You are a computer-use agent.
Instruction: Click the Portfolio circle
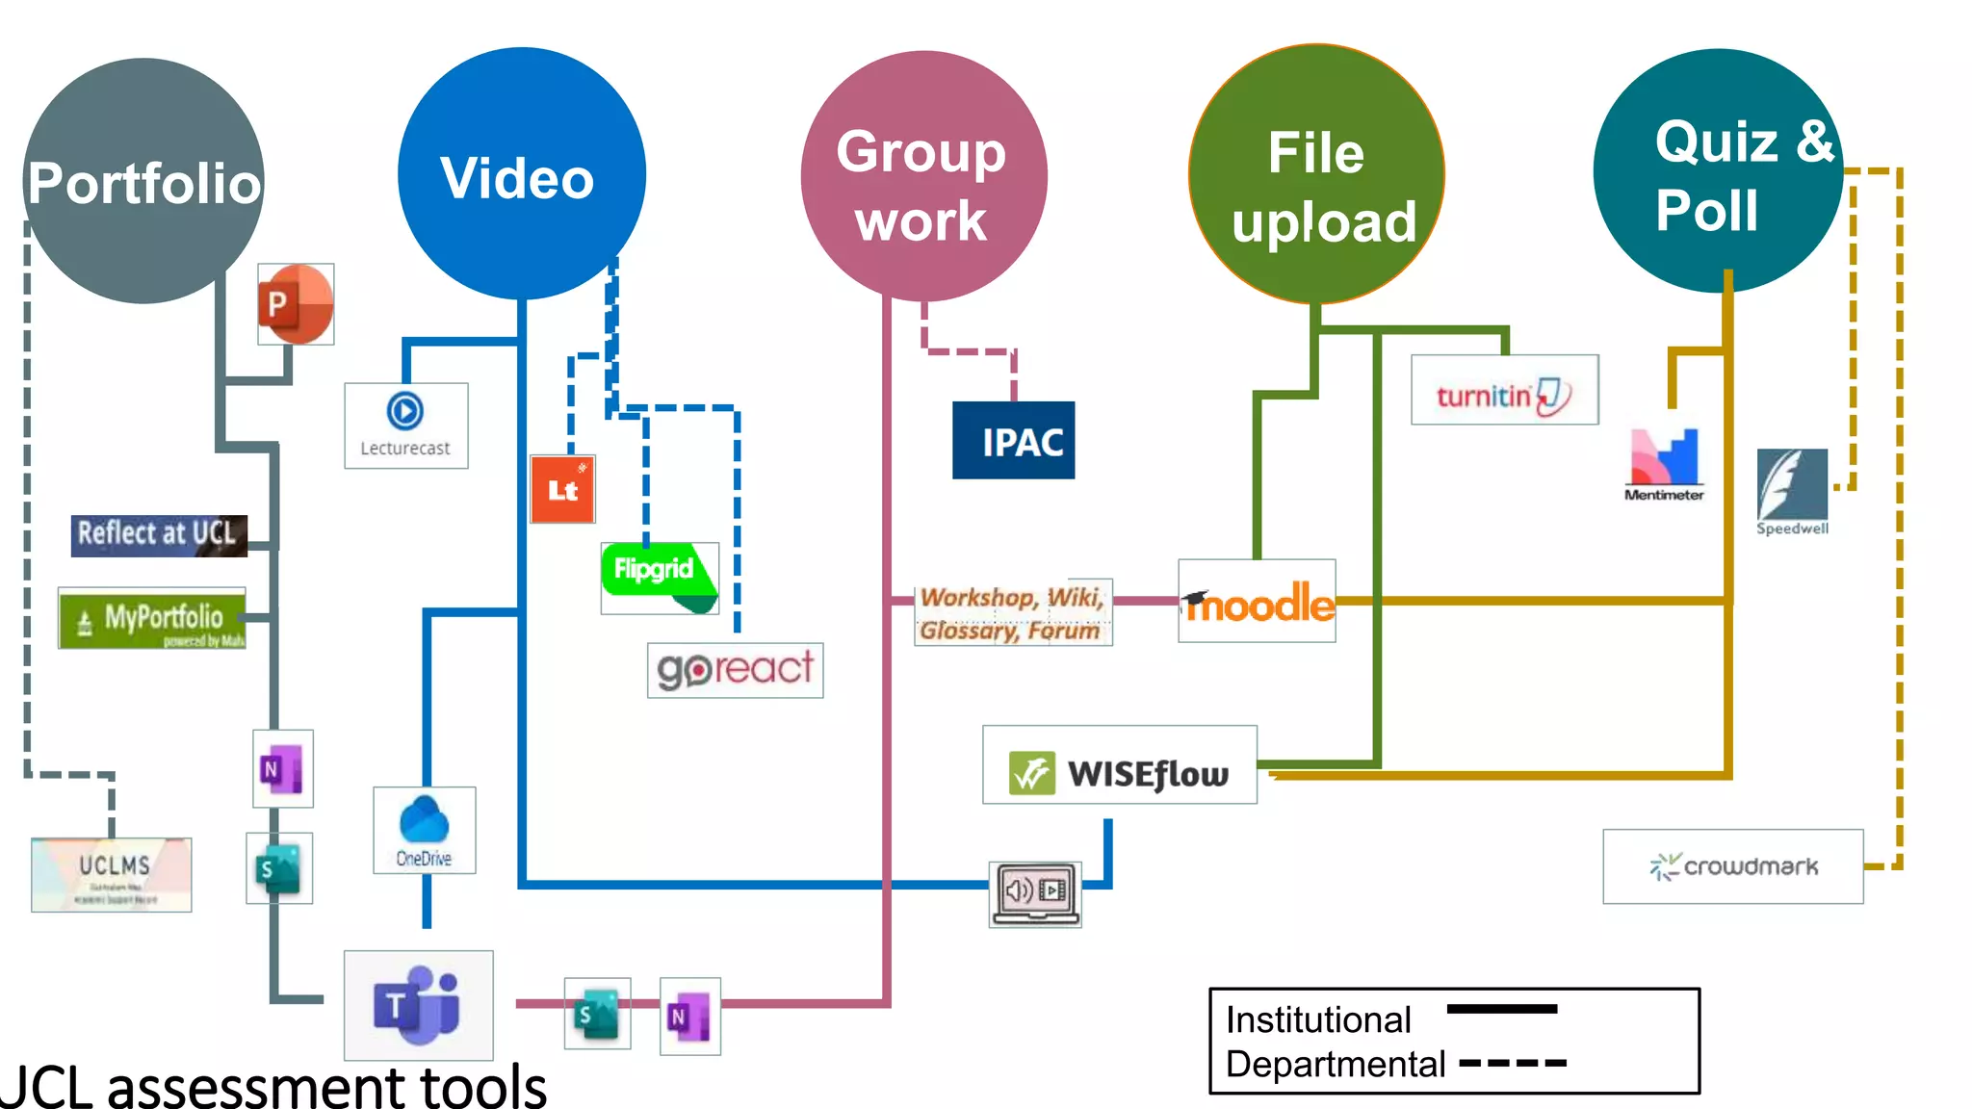143,181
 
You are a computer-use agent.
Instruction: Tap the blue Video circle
521,174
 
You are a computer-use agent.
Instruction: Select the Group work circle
922,176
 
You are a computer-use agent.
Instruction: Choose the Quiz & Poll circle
1717,171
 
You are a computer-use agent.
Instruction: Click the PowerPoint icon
296,304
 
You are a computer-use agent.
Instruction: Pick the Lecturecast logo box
405,426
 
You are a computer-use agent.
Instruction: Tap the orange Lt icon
562,489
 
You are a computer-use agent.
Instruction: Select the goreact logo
735,670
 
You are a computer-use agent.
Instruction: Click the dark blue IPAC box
1013,441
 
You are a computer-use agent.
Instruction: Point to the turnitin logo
1504,390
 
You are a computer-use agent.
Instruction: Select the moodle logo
1257,602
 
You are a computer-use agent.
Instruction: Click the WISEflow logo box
1119,765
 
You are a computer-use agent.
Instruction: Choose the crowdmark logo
1732,866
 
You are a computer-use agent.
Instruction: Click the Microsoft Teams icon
418,1005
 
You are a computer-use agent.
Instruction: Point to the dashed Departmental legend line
1513,1064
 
